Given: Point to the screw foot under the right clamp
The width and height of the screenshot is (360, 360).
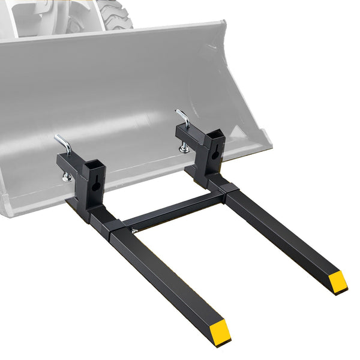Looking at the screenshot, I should pyautogui.click(x=184, y=148).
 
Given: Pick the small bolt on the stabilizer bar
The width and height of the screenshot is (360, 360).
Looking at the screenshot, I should pyautogui.click(x=135, y=230).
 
